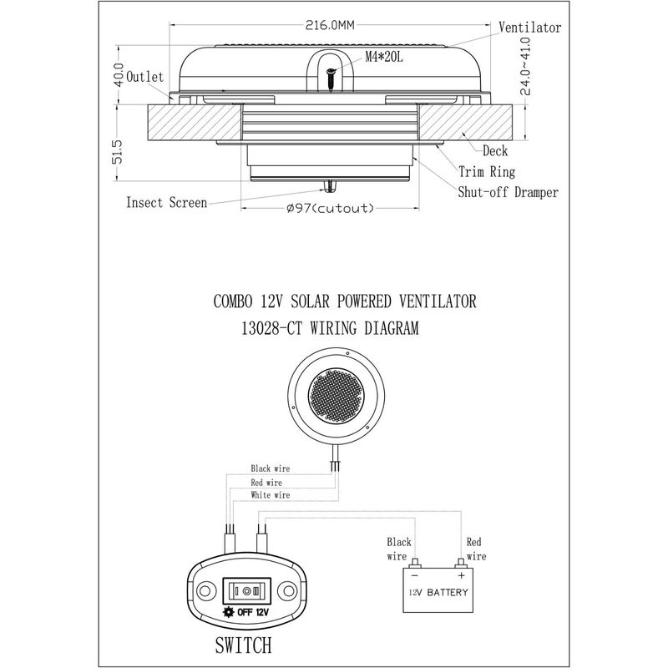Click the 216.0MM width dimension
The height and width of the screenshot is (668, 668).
click(330, 25)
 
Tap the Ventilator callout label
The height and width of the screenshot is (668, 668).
click(529, 28)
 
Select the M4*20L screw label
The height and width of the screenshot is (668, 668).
click(384, 57)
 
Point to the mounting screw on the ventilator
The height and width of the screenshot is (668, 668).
click(331, 79)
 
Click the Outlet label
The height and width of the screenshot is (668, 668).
click(144, 77)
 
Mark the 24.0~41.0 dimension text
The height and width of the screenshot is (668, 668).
click(526, 66)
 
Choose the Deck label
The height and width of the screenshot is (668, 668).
click(495, 151)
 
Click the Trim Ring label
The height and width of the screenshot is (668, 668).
click(487, 172)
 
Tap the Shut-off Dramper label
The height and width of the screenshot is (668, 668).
click(508, 192)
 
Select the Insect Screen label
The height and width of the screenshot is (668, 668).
click(166, 202)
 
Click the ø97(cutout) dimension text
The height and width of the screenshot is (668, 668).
click(330, 208)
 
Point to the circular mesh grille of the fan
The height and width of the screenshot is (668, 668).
click(336, 396)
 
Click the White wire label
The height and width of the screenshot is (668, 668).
click(270, 495)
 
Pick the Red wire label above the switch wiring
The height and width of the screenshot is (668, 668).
click(266, 483)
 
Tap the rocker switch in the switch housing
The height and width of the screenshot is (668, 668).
click(247, 591)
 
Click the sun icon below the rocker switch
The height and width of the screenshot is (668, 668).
click(229, 612)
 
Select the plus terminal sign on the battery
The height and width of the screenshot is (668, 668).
click(462, 575)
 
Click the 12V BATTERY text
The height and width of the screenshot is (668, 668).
click(438, 592)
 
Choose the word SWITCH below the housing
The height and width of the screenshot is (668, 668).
click(243, 645)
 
